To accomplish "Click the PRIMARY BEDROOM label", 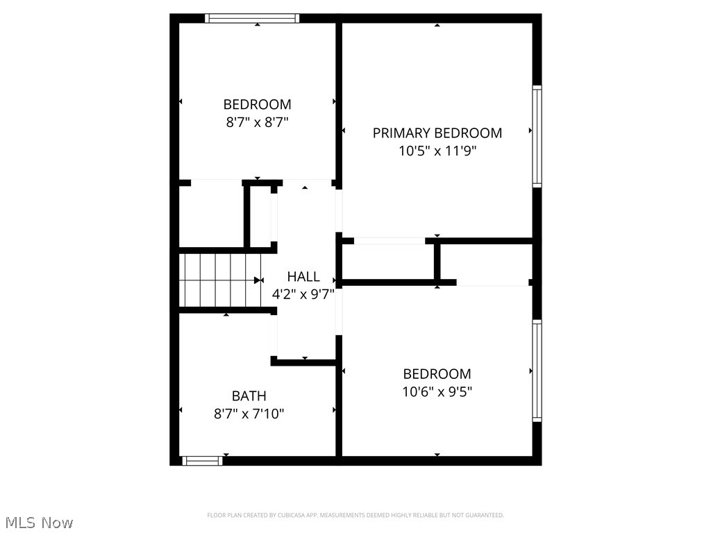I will click(437, 133).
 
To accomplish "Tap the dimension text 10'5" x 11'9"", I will click(437, 151).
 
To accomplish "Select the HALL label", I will click(303, 277).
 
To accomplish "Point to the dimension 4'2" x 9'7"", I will click(303, 294).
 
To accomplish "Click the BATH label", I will click(249, 396).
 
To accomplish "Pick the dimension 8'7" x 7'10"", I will click(249, 414).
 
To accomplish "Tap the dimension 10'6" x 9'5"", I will click(437, 391).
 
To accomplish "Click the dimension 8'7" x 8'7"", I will click(257, 122).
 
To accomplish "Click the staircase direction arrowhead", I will click(258, 280).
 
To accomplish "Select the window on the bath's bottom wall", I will click(202, 459).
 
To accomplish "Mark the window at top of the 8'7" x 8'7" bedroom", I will click(253, 18).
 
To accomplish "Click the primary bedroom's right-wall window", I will click(537, 136).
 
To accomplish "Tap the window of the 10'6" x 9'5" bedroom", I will click(537, 371).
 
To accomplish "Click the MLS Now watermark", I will click(39, 523).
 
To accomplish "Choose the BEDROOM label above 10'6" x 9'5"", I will click(437, 374).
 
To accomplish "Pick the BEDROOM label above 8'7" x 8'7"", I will click(257, 105).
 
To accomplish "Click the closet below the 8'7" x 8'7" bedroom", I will click(211, 213).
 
